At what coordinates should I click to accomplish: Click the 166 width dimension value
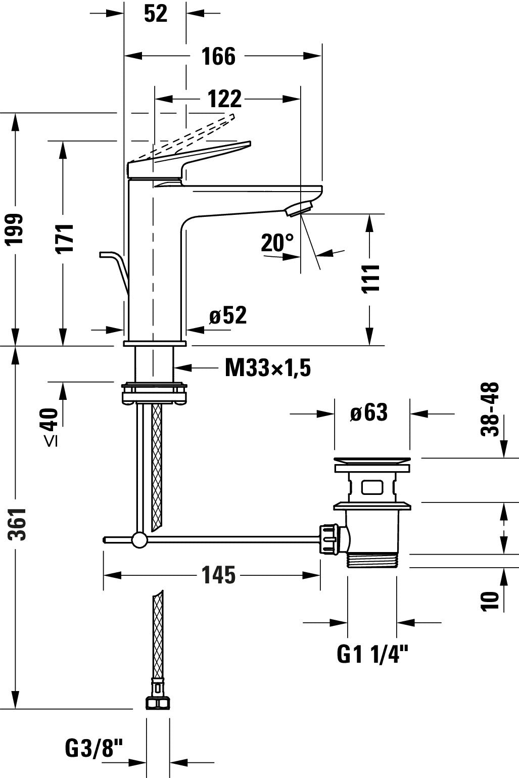(x=218, y=56)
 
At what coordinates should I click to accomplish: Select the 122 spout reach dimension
(x=225, y=99)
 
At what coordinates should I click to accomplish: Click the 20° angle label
(x=277, y=243)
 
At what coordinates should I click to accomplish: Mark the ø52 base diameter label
(x=228, y=316)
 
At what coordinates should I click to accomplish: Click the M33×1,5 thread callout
(x=267, y=368)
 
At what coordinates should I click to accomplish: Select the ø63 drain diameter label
(x=369, y=413)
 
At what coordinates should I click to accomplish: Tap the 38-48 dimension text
(x=490, y=408)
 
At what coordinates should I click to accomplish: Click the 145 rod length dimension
(x=218, y=575)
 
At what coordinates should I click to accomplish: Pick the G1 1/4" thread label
(x=372, y=655)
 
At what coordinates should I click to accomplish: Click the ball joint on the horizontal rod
(x=139, y=540)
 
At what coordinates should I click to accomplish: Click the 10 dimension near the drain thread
(x=490, y=600)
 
